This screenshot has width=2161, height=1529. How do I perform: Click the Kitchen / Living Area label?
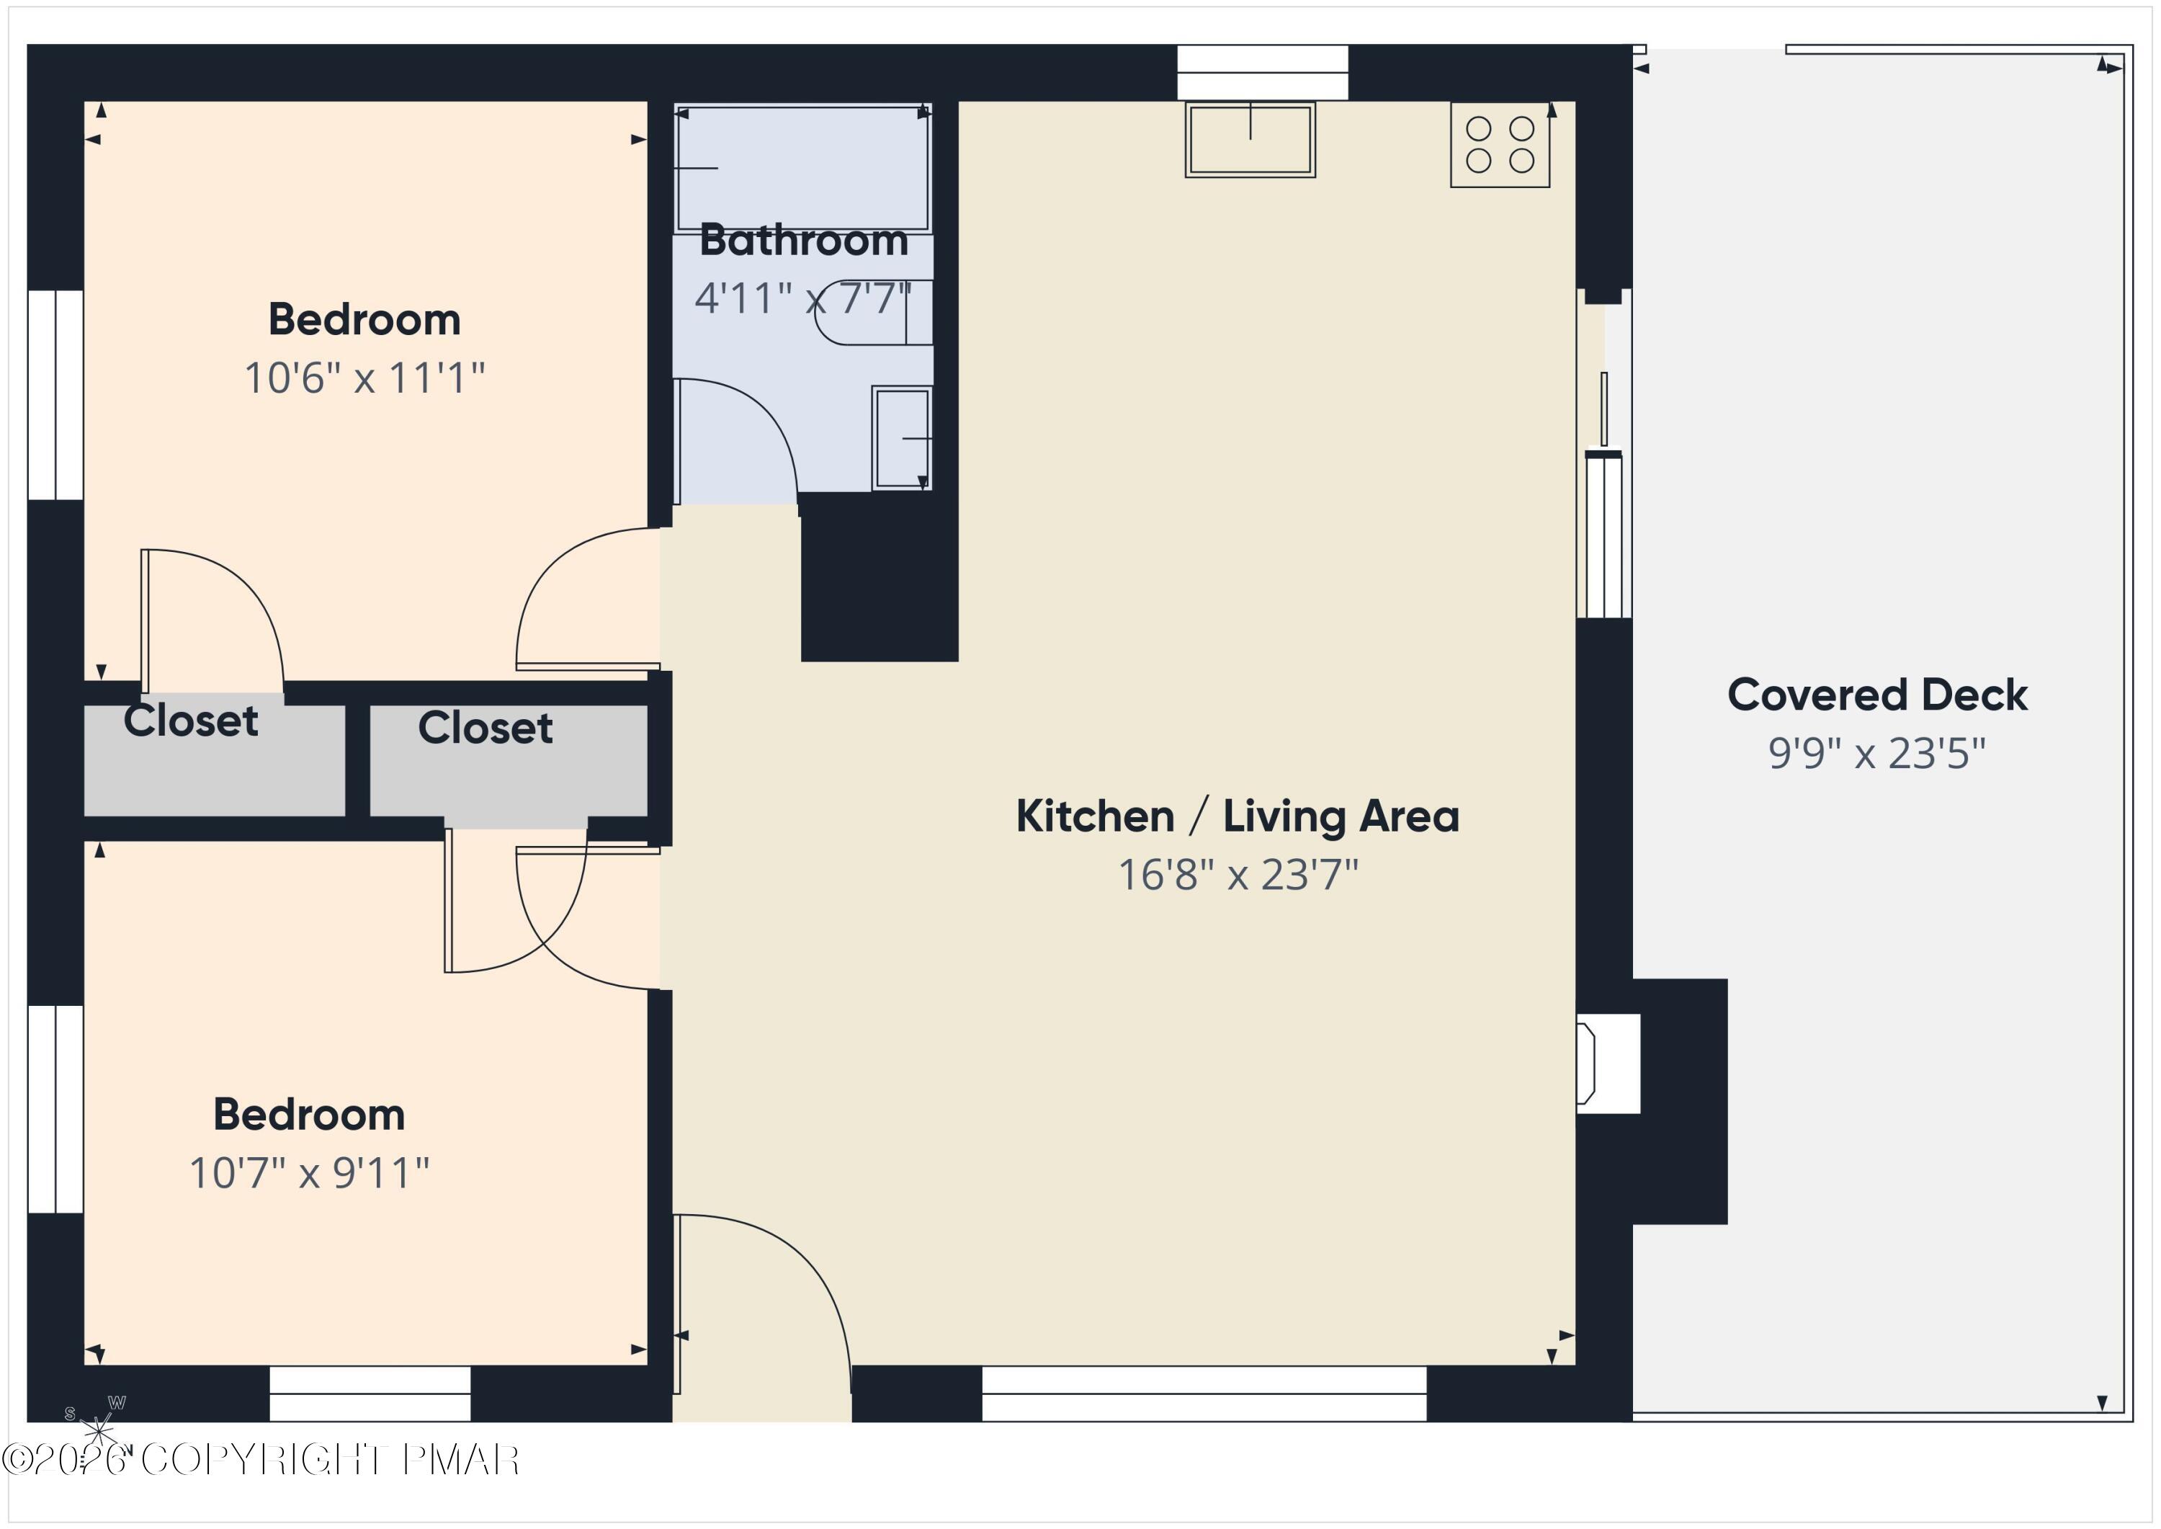click(x=1238, y=816)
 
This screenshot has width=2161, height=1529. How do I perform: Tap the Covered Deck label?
click(x=1878, y=695)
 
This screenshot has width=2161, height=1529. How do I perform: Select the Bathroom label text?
click(x=805, y=241)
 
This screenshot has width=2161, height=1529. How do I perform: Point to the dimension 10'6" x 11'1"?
click(x=364, y=378)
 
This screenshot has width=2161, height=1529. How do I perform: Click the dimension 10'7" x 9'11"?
click(x=310, y=1173)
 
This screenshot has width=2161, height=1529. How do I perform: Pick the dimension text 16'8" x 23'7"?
click(x=1238, y=875)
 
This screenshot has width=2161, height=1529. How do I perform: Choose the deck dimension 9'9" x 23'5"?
click(x=1878, y=753)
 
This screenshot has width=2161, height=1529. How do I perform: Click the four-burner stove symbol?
click(x=1500, y=145)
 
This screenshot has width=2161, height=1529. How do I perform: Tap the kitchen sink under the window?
click(x=1250, y=139)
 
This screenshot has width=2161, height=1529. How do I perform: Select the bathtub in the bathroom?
click(x=803, y=168)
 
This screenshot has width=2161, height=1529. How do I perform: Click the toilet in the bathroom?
click(x=874, y=313)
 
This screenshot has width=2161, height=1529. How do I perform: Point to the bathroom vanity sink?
click(x=902, y=438)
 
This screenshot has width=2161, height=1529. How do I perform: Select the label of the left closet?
click(x=191, y=721)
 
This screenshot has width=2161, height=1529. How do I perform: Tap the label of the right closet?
click(x=486, y=728)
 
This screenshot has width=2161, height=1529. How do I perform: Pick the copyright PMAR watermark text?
click(x=261, y=1461)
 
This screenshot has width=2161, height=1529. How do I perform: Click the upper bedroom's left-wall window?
click(x=55, y=394)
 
